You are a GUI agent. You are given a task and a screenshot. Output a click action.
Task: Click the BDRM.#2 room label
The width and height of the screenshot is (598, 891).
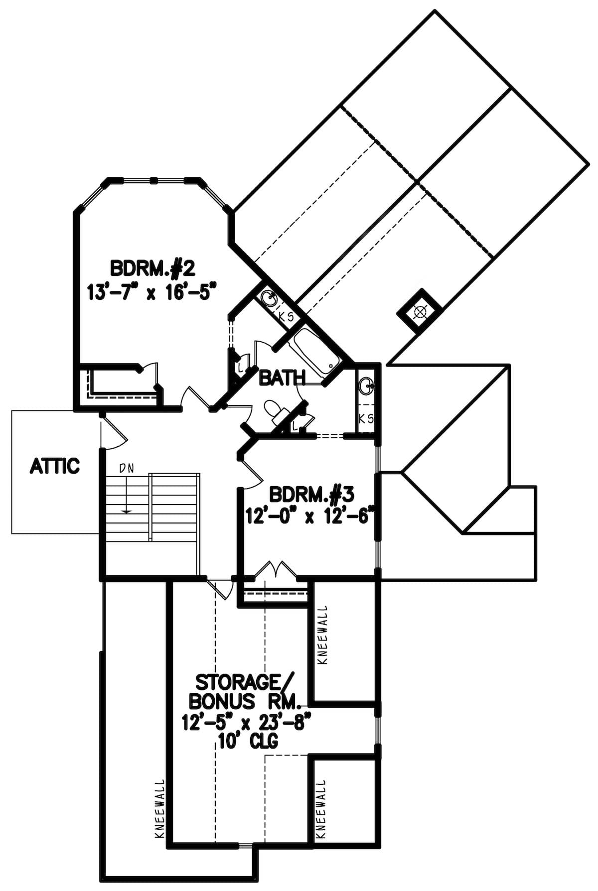tap(152, 268)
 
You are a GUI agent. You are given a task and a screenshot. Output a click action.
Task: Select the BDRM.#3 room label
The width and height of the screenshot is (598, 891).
tap(311, 495)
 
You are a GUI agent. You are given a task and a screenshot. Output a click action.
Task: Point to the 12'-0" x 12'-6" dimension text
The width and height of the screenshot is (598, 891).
tap(309, 516)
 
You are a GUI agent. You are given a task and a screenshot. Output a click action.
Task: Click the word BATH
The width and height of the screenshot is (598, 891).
tap(282, 379)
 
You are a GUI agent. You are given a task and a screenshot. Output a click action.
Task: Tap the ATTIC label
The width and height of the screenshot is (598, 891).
tap(55, 466)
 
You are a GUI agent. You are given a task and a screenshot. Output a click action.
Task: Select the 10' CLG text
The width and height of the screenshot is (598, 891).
tap(248, 741)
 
